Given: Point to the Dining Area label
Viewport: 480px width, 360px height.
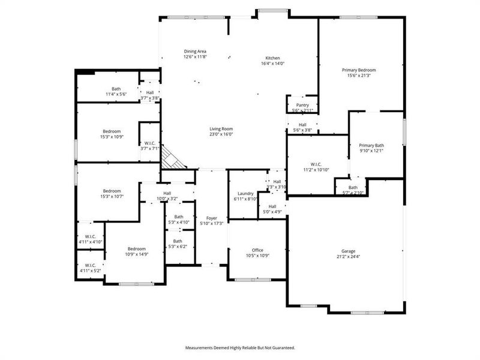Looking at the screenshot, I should [x=195, y=52].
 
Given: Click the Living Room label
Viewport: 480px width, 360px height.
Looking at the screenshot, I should [x=221, y=129].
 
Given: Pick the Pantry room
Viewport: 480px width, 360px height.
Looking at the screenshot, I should [x=302, y=105].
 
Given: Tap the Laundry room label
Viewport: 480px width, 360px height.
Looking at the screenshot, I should [x=245, y=193].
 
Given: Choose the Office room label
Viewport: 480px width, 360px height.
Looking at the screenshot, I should [x=257, y=250].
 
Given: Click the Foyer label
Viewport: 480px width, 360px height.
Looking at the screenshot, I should [x=212, y=218].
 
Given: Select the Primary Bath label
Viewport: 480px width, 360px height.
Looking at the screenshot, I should [x=371, y=145].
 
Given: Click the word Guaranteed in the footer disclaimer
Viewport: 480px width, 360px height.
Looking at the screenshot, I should [x=283, y=347].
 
